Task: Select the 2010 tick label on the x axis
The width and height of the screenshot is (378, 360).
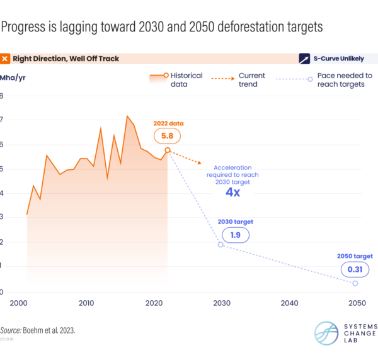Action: pyautogui.click(x=86, y=303)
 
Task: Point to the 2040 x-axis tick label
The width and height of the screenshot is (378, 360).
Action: pyautogui.click(x=289, y=303)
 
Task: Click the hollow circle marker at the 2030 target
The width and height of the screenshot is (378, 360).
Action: pyautogui.click(x=220, y=244)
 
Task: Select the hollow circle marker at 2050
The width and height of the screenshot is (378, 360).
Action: pyautogui.click(x=355, y=283)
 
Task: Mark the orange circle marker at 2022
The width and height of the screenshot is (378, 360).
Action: pyautogui.click(x=168, y=150)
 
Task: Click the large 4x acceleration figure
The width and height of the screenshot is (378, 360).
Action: pyautogui.click(x=232, y=192)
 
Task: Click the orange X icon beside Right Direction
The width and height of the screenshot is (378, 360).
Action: pyautogui.click(x=6, y=59)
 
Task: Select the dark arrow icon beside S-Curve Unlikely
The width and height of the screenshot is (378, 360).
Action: pyautogui.click(x=306, y=59)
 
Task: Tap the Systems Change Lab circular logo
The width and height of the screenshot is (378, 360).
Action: pyautogui.click(x=328, y=334)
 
